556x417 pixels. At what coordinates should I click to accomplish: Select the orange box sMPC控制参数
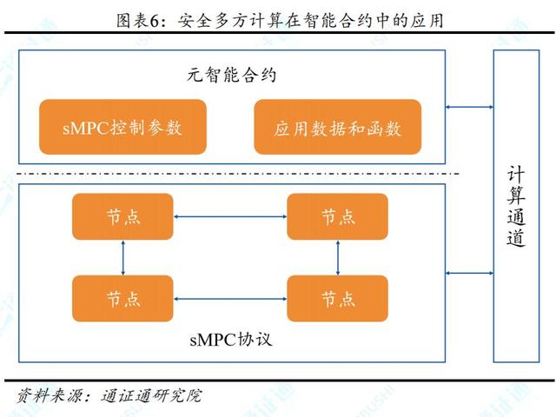(x=122, y=127)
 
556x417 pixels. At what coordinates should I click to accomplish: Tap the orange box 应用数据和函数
(x=337, y=127)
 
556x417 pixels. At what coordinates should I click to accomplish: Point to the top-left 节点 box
(x=122, y=216)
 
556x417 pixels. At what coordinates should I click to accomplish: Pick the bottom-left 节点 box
(x=122, y=298)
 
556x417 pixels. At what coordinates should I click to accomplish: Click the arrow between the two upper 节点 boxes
(x=230, y=216)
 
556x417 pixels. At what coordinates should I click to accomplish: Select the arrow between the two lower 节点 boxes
(x=230, y=298)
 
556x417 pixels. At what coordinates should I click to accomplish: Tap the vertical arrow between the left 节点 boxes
(x=123, y=257)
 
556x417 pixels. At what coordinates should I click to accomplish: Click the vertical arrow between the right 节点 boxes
(x=337, y=257)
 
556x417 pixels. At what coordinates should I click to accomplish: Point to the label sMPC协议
(x=230, y=340)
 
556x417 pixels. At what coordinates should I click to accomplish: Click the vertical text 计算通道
(x=517, y=206)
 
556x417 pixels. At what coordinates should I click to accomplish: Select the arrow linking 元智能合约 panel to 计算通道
(x=469, y=108)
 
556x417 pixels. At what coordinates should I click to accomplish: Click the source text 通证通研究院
(x=151, y=397)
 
